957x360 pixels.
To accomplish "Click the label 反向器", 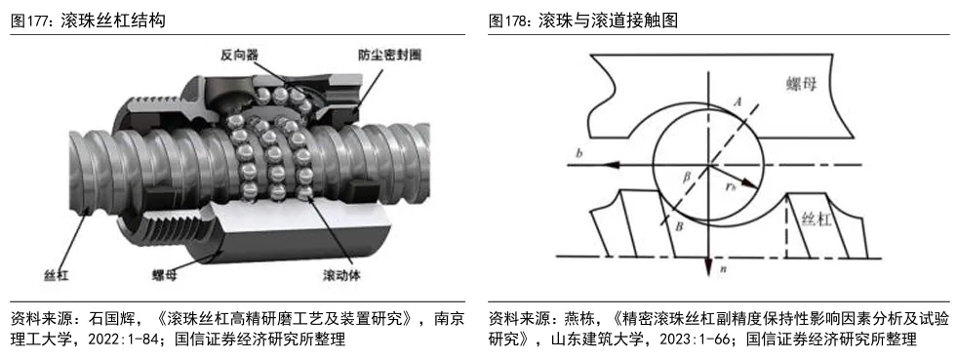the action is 239,55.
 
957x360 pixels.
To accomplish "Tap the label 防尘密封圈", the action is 389,55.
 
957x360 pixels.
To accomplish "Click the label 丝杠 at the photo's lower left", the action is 57,275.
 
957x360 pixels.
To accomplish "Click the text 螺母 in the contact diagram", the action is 800,85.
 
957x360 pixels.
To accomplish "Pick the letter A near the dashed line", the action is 737,102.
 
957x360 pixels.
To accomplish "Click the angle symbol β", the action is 687,178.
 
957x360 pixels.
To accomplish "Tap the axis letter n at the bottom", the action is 723,267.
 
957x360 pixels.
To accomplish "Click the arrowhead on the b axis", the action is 612,165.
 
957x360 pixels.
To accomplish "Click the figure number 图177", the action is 33,20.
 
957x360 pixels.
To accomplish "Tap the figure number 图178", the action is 511,20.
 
